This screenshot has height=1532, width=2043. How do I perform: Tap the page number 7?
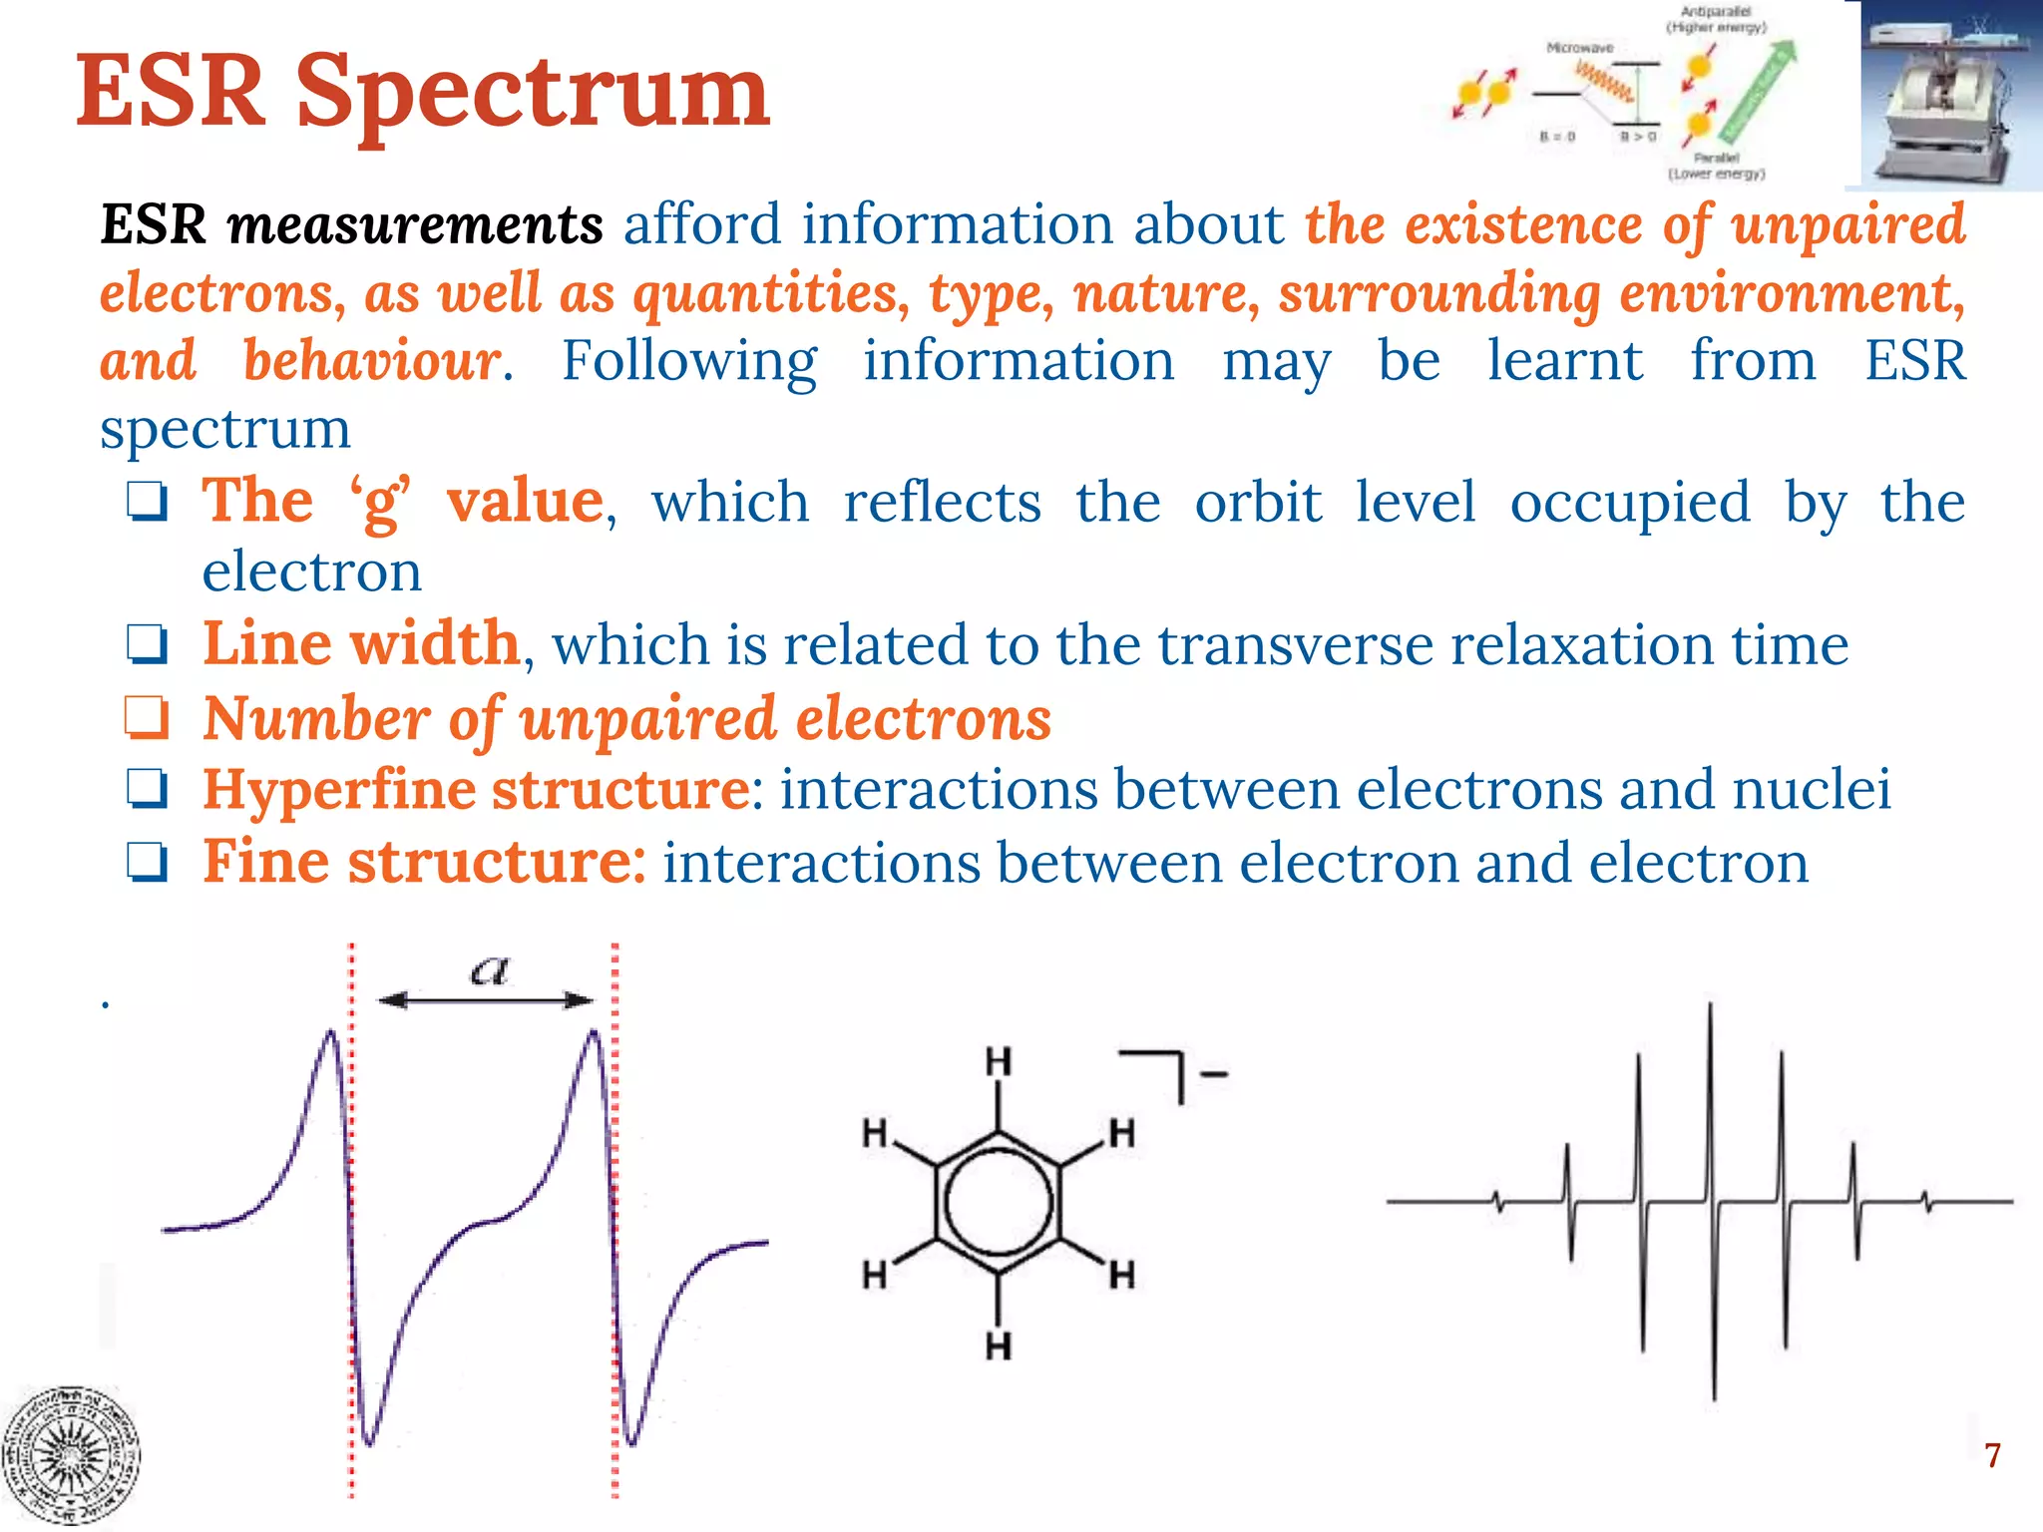point(1992,1456)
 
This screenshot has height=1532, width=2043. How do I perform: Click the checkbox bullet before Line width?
point(147,644)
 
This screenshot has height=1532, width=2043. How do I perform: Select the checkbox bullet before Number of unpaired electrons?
point(147,718)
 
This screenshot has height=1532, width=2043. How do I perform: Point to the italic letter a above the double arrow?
point(489,969)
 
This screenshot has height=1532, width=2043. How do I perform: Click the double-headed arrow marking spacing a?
point(486,1000)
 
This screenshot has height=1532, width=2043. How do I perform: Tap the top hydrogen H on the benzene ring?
point(999,1062)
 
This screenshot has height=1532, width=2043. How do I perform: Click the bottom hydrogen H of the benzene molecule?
point(999,1346)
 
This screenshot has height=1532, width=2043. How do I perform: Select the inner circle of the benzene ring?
point(998,1202)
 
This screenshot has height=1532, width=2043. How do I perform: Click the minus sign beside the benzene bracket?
point(1214,1074)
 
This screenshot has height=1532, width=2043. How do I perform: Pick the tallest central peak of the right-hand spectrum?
point(1712,1097)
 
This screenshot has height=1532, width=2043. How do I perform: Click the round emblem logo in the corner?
point(70,1456)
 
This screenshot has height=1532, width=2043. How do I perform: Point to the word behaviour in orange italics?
point(371,360)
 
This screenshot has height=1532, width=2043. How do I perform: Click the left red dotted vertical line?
point(351,1217)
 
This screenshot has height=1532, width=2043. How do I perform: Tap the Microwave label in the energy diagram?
point(1579,48)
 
